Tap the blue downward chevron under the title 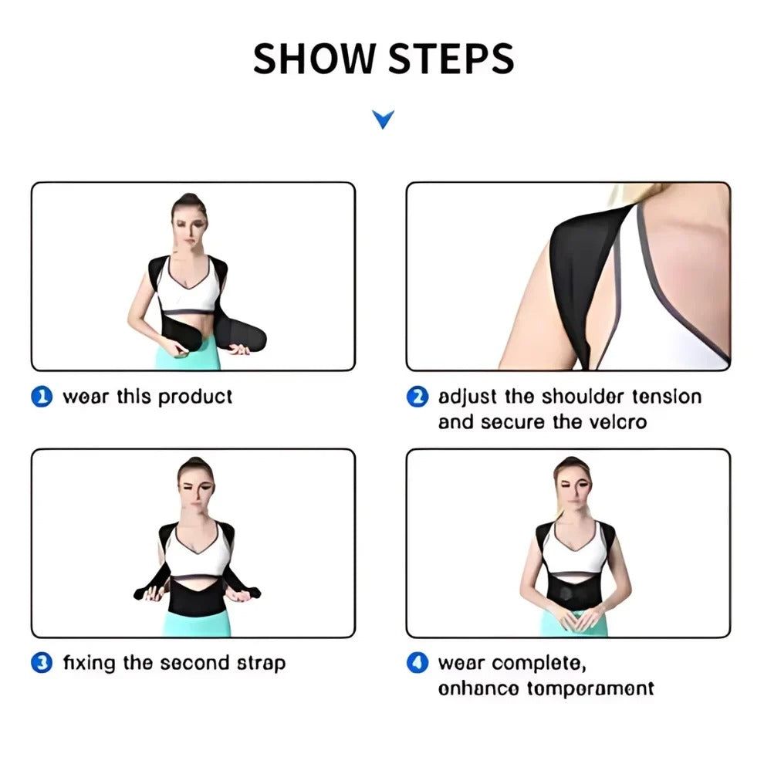383,119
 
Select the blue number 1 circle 42,397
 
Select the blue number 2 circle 417,397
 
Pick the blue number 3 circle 42,663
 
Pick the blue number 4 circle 417,663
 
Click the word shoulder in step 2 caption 583,397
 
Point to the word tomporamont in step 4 590,688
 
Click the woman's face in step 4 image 572,482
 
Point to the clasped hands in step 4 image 572,617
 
